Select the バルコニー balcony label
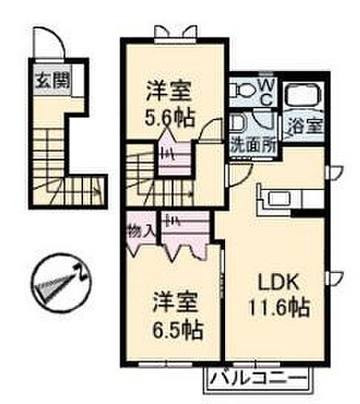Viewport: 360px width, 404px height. [259, 377]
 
